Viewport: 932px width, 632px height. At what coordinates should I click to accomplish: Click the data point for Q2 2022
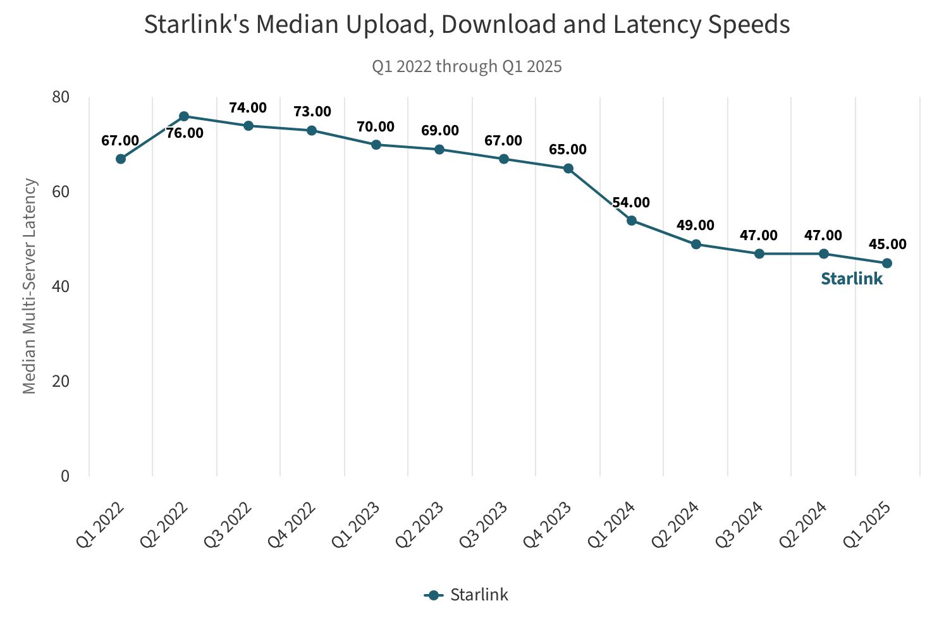184,116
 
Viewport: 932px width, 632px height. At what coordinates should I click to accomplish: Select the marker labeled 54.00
631,221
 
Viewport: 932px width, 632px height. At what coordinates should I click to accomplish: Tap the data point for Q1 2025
886,263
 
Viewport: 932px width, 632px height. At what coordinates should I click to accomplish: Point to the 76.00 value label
185,133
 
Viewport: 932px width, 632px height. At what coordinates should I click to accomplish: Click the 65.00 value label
567,150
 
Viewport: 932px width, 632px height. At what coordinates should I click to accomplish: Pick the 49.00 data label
695,226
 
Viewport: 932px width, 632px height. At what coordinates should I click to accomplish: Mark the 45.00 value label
887,244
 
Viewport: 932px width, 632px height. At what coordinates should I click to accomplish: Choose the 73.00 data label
312,112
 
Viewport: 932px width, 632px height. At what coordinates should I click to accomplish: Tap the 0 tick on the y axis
64,476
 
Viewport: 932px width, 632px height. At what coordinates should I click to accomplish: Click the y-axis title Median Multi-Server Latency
30,286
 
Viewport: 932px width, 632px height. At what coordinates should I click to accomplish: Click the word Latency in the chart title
690,25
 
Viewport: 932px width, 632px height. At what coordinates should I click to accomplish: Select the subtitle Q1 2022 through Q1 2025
467,66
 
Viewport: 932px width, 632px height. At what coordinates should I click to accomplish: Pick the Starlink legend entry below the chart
467,595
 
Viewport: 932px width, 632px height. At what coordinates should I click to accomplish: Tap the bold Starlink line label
851,279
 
